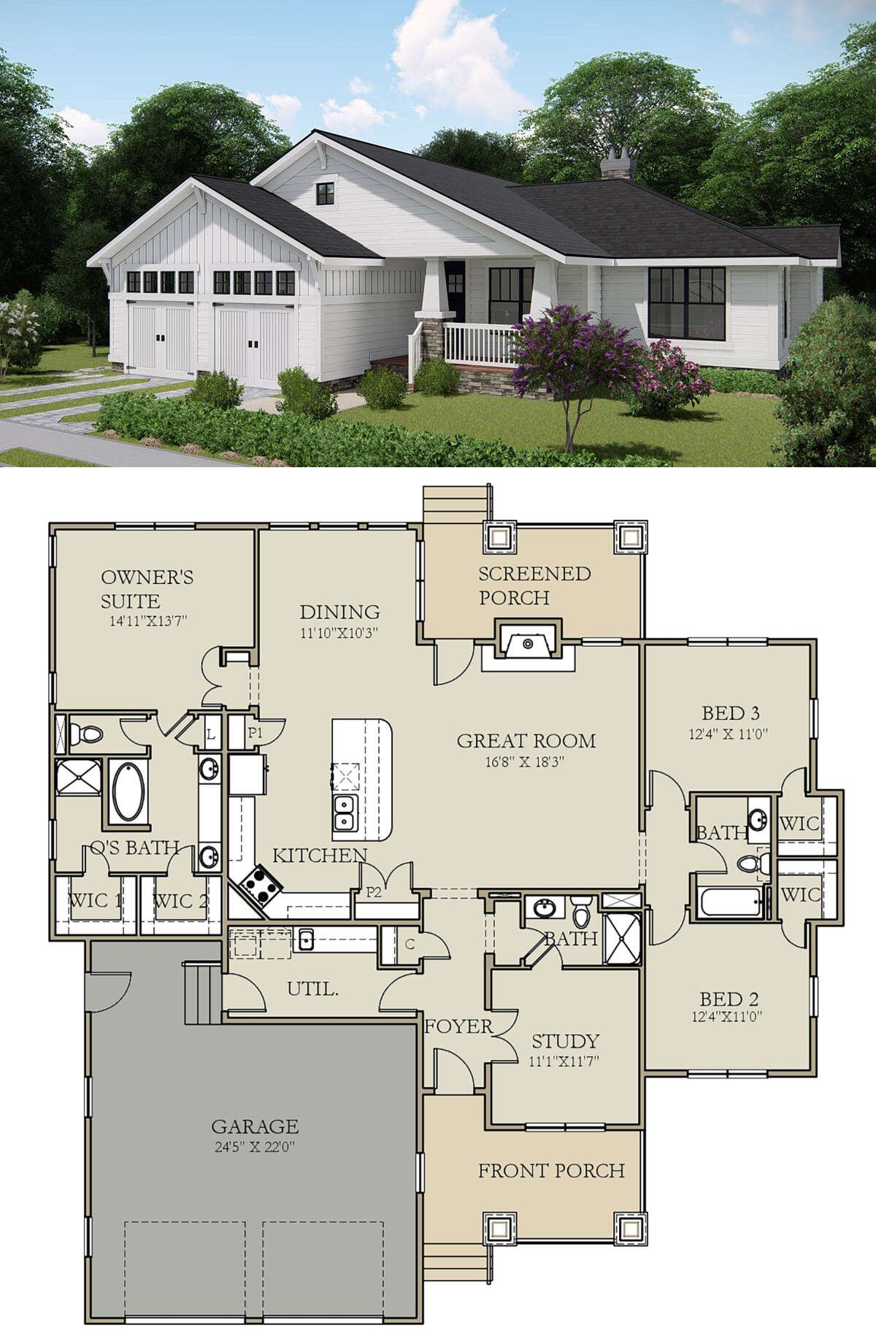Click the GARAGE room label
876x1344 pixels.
tap(255, 1126)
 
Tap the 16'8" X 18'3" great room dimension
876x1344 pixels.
tap(526, 762)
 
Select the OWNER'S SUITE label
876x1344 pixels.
tap(147, 589)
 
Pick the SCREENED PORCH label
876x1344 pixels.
tap(534, 585)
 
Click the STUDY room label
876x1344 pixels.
tap(565, 1041)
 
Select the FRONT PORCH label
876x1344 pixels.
tap(551, 1171)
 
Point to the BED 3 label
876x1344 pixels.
tap(731, 713)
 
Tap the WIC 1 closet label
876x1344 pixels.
tap(95, 900)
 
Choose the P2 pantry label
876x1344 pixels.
tap(374, 891)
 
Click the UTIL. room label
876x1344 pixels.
tap(312, 989)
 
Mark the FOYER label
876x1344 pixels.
tap(458, 1026)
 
